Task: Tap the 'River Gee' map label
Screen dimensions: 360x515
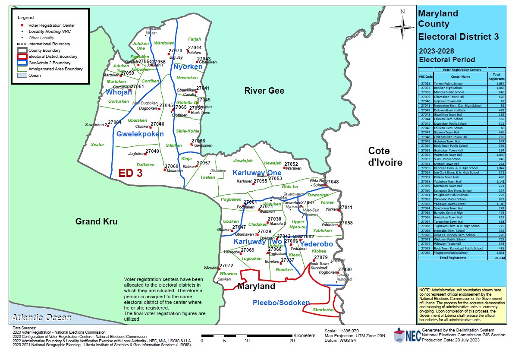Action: pos(264,91)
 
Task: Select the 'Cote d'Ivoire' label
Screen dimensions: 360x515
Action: pos(385,156)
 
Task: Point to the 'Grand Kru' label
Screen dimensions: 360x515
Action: pos(96,221)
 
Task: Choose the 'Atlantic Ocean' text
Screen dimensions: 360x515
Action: pos(41,318)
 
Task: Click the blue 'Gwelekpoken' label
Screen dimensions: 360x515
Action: pos(140,134)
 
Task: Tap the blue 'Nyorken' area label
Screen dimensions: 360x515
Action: pos(188,67)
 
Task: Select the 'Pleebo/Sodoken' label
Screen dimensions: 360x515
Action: pos(281,302)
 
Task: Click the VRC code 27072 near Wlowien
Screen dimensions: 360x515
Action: pos(226,265)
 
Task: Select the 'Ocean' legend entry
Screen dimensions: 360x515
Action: pos(35,76)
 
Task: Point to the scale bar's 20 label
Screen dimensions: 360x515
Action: pos(292,341)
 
